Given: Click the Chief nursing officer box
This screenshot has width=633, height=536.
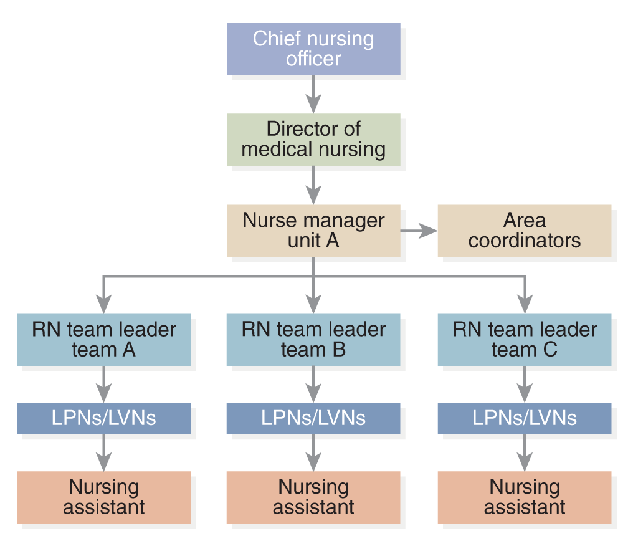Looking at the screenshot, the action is pyautogui.click(x=313, y=49).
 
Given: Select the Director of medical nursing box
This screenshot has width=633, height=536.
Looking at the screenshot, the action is pyautogui.click(x=313, y=140).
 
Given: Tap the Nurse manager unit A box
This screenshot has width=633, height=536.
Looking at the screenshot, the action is pyautogui.click(x=313, y=231).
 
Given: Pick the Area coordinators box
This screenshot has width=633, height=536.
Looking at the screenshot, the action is pyautogui.click(x=525, y=231).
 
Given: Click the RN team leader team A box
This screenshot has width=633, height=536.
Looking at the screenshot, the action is pyautogui.click(x=104, y=340).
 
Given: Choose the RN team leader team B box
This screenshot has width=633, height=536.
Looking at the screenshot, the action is pyautogui.click(x=313, y=340).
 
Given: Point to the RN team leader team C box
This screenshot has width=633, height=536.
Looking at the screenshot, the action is pyautogui.click(x=525, y=340).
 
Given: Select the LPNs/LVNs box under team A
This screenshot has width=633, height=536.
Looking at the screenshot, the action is pyautogui.click(x=104, y=418).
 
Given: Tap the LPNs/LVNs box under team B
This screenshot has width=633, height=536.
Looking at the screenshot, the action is pyautogui.click(x=313, y=418).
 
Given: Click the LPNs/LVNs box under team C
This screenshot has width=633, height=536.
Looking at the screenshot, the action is pyautogui.click(x=525, y=418).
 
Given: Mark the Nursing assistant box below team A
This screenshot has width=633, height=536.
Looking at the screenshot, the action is pyautogui.click(x=104, y=497).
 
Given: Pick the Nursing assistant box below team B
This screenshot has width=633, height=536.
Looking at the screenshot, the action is pyautogui.click(x=313, y=497).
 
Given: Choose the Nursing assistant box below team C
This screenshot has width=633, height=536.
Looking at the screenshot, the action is pyautogui.click(x=525, y=497).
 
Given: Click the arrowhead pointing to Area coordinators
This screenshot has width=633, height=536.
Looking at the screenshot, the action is pyautogui.click(x=429, y=231).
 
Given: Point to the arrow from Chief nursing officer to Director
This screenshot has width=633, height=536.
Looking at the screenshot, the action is pyautogui.click(x=313, y=95).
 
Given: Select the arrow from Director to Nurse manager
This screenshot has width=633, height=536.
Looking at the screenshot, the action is pyautogui.click(x=313, y=185).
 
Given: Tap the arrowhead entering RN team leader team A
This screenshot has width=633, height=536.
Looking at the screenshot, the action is pyautogui.click(x=104, y=304).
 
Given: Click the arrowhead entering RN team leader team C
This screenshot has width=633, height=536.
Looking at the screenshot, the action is pyautogui.click(x=525, y=304).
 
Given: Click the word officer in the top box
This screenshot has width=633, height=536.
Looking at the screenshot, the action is pyautogui.click(x=313, y=59).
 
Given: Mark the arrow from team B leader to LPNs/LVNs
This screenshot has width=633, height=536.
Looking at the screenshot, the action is pyautogui.click(x=313, y=384).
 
